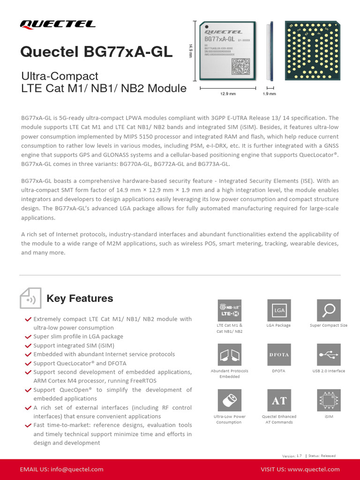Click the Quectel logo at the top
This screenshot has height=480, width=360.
pyautogui.click(x=57, y=24)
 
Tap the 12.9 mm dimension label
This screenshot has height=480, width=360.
pyautogui.click(x=227, y=94)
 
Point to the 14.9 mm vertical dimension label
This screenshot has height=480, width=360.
pyautogui.click(x=191, y=50)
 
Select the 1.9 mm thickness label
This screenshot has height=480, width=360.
pyautogui.click(x=270, y=94)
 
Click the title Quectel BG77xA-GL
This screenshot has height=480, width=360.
pyautogui.click(x=96, y=52)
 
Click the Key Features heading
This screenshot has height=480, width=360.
pyautogui.click(x=80, y=299)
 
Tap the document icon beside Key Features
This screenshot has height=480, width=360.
pyautogui.click(x=30, y=299)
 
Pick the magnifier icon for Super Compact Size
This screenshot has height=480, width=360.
pyautogui.click(x=329, y=310)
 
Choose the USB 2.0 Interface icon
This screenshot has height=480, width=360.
pyautogui.click(x=329, y=355)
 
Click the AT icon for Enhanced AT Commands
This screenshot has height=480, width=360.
pyautogui.click(x=279, y=401)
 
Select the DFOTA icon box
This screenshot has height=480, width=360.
pyautogui.click(x=279, y=355)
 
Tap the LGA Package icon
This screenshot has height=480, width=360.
pyautogui.click(x=279, y=310)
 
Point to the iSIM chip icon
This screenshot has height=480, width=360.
pyautogui.click(x=329, y=401)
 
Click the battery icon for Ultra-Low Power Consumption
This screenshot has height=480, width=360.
pyautogui.click(x=230, y=401)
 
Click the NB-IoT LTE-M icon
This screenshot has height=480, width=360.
pyautogui.click(x=230, y=310)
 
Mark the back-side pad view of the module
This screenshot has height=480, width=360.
pyautogui.click(x=308, y=50)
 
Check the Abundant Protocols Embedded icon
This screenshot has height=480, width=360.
pyautogui.click(x=230, y=355)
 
